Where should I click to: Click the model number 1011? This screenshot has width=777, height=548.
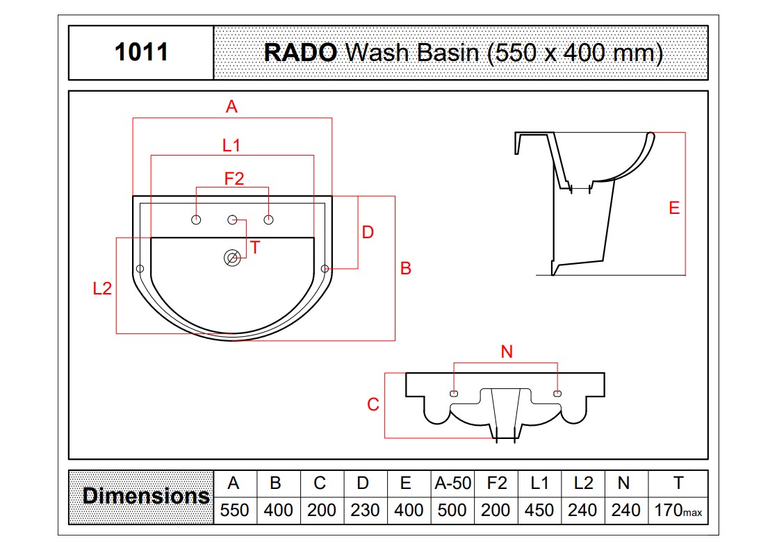141,52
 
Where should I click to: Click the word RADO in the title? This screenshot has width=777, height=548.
300,53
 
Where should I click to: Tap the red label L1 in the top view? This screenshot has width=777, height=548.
231,146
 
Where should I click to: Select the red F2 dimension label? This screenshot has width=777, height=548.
234,178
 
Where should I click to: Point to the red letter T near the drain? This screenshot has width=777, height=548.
255,247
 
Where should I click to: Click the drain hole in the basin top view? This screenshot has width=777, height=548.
232,258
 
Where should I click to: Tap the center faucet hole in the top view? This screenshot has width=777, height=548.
232,219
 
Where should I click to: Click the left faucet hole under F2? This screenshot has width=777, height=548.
196,219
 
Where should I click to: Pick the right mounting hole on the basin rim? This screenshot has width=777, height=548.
325,269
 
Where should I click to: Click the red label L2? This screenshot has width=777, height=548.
103,289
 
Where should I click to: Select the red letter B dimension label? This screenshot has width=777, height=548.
406,268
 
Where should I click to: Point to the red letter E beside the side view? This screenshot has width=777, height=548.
674,208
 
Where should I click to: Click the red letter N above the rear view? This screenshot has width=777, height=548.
507,352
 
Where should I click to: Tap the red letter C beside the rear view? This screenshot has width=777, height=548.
373,405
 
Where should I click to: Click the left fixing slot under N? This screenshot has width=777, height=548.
453,394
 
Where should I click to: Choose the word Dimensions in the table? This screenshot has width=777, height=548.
146,496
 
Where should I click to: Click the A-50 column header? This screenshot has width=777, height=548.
452,483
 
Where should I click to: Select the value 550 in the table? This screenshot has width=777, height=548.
234,510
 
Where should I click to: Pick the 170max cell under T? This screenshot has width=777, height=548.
678,510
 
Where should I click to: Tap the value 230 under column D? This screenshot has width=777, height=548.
365,510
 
